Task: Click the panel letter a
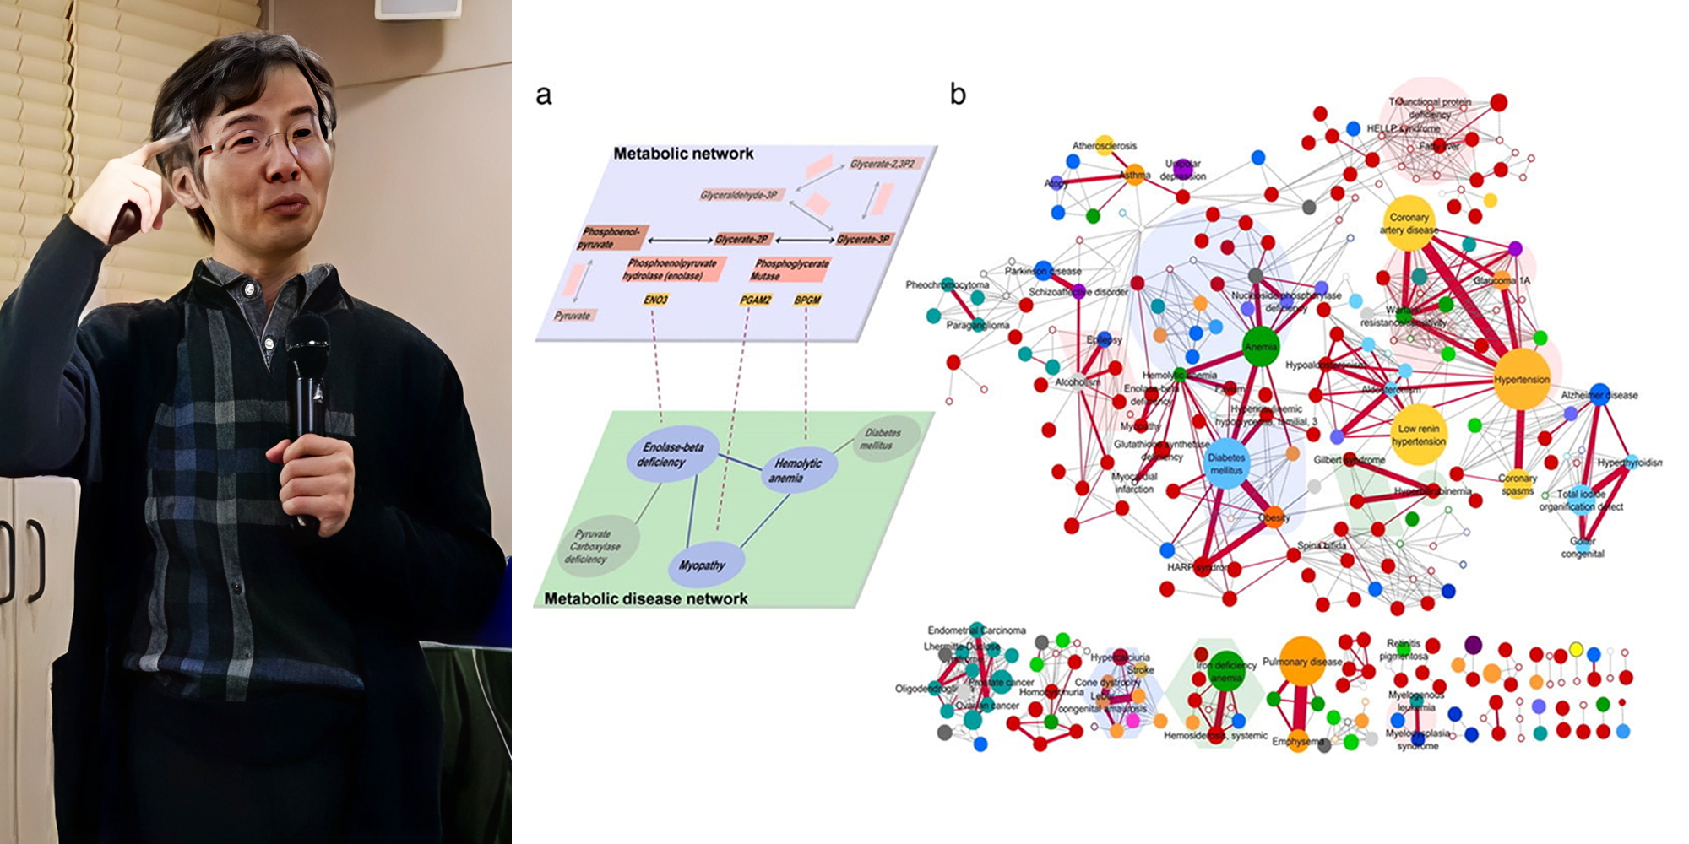click(544, 95)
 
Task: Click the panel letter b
click(957, 94)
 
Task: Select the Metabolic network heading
click(683, 154)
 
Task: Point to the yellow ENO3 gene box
click(655, 300)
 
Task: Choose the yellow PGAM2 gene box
click(755, 300)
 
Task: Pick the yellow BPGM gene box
click(807, 300)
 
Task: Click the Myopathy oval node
click(702, 565)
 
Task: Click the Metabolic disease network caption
click(645, 599)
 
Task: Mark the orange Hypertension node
click(1522, 380)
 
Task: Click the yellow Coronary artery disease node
click(1409, 223)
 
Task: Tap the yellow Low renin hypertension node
click(1419, 435)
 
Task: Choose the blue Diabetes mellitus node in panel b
click(1226, 463)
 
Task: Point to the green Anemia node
click(1261, 347)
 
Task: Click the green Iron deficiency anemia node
click(1226, 671)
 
